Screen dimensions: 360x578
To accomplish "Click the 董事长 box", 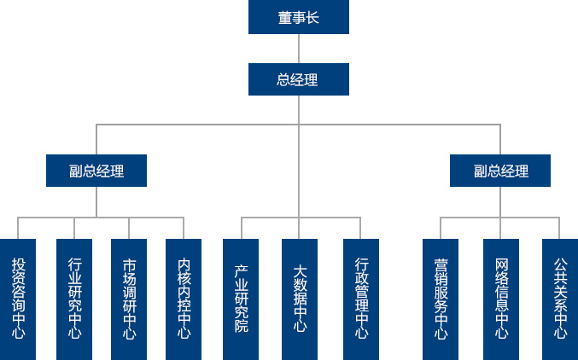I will pos(298,17).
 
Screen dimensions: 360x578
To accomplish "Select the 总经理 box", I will pos(298,79).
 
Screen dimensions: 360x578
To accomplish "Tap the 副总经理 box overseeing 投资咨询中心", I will pos(96,171).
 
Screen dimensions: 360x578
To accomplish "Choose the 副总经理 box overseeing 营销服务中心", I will pos(500,171).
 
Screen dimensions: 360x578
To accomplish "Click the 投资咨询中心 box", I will pos(19,299).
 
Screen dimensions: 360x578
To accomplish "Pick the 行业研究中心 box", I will pos(74,299).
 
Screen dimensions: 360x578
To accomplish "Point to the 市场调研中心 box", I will pos(129,299).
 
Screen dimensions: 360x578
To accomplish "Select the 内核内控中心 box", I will pos(184,299).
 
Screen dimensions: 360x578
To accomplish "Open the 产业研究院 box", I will pos(241,299).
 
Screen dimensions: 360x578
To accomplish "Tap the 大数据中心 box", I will pos(300,299).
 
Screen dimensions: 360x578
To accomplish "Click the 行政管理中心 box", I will pos(361,299).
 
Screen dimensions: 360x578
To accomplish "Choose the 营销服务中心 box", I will pos(441,299).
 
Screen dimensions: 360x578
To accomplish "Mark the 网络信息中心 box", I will pos(501,299).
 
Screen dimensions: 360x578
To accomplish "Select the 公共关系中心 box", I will pos(560,299).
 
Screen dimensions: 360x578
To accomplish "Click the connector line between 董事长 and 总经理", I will pos(298,49).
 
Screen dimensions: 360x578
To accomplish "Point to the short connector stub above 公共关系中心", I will pos(560,228).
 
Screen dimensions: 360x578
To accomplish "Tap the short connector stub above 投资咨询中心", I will pos(19,228).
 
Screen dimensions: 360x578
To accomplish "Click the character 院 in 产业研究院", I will pos(241,325).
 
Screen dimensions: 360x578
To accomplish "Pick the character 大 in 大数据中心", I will pos(300,271).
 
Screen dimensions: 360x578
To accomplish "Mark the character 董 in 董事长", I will pos(284,17).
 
